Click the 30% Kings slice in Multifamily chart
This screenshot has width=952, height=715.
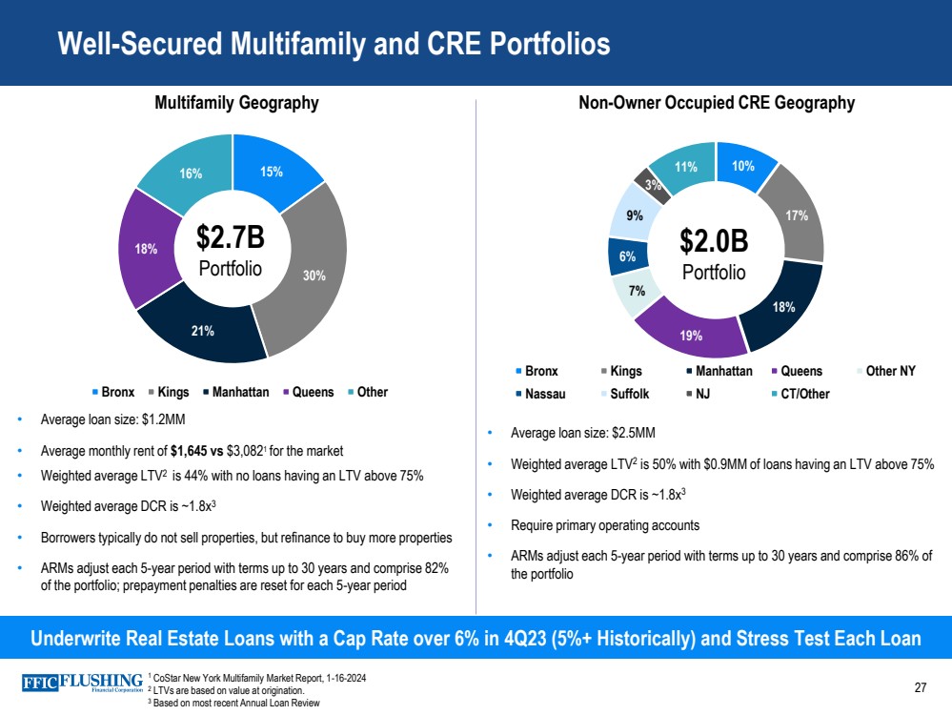(x=314, y=276)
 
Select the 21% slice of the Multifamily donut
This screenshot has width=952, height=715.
(x=202, y=331)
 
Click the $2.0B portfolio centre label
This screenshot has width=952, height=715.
(x=715, y=253)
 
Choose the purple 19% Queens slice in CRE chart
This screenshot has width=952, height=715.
(x=692, y=335)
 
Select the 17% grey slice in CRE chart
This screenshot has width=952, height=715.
(x=797, y=216)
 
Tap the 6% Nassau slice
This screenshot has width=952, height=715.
(x=628, y=255)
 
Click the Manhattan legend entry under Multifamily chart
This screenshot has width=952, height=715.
(x=236, y=392)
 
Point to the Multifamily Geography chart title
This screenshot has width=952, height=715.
(x=235, y=103)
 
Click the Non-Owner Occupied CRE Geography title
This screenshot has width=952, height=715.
(x=716, y=103)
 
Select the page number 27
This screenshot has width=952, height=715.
(x=920, y=687)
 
